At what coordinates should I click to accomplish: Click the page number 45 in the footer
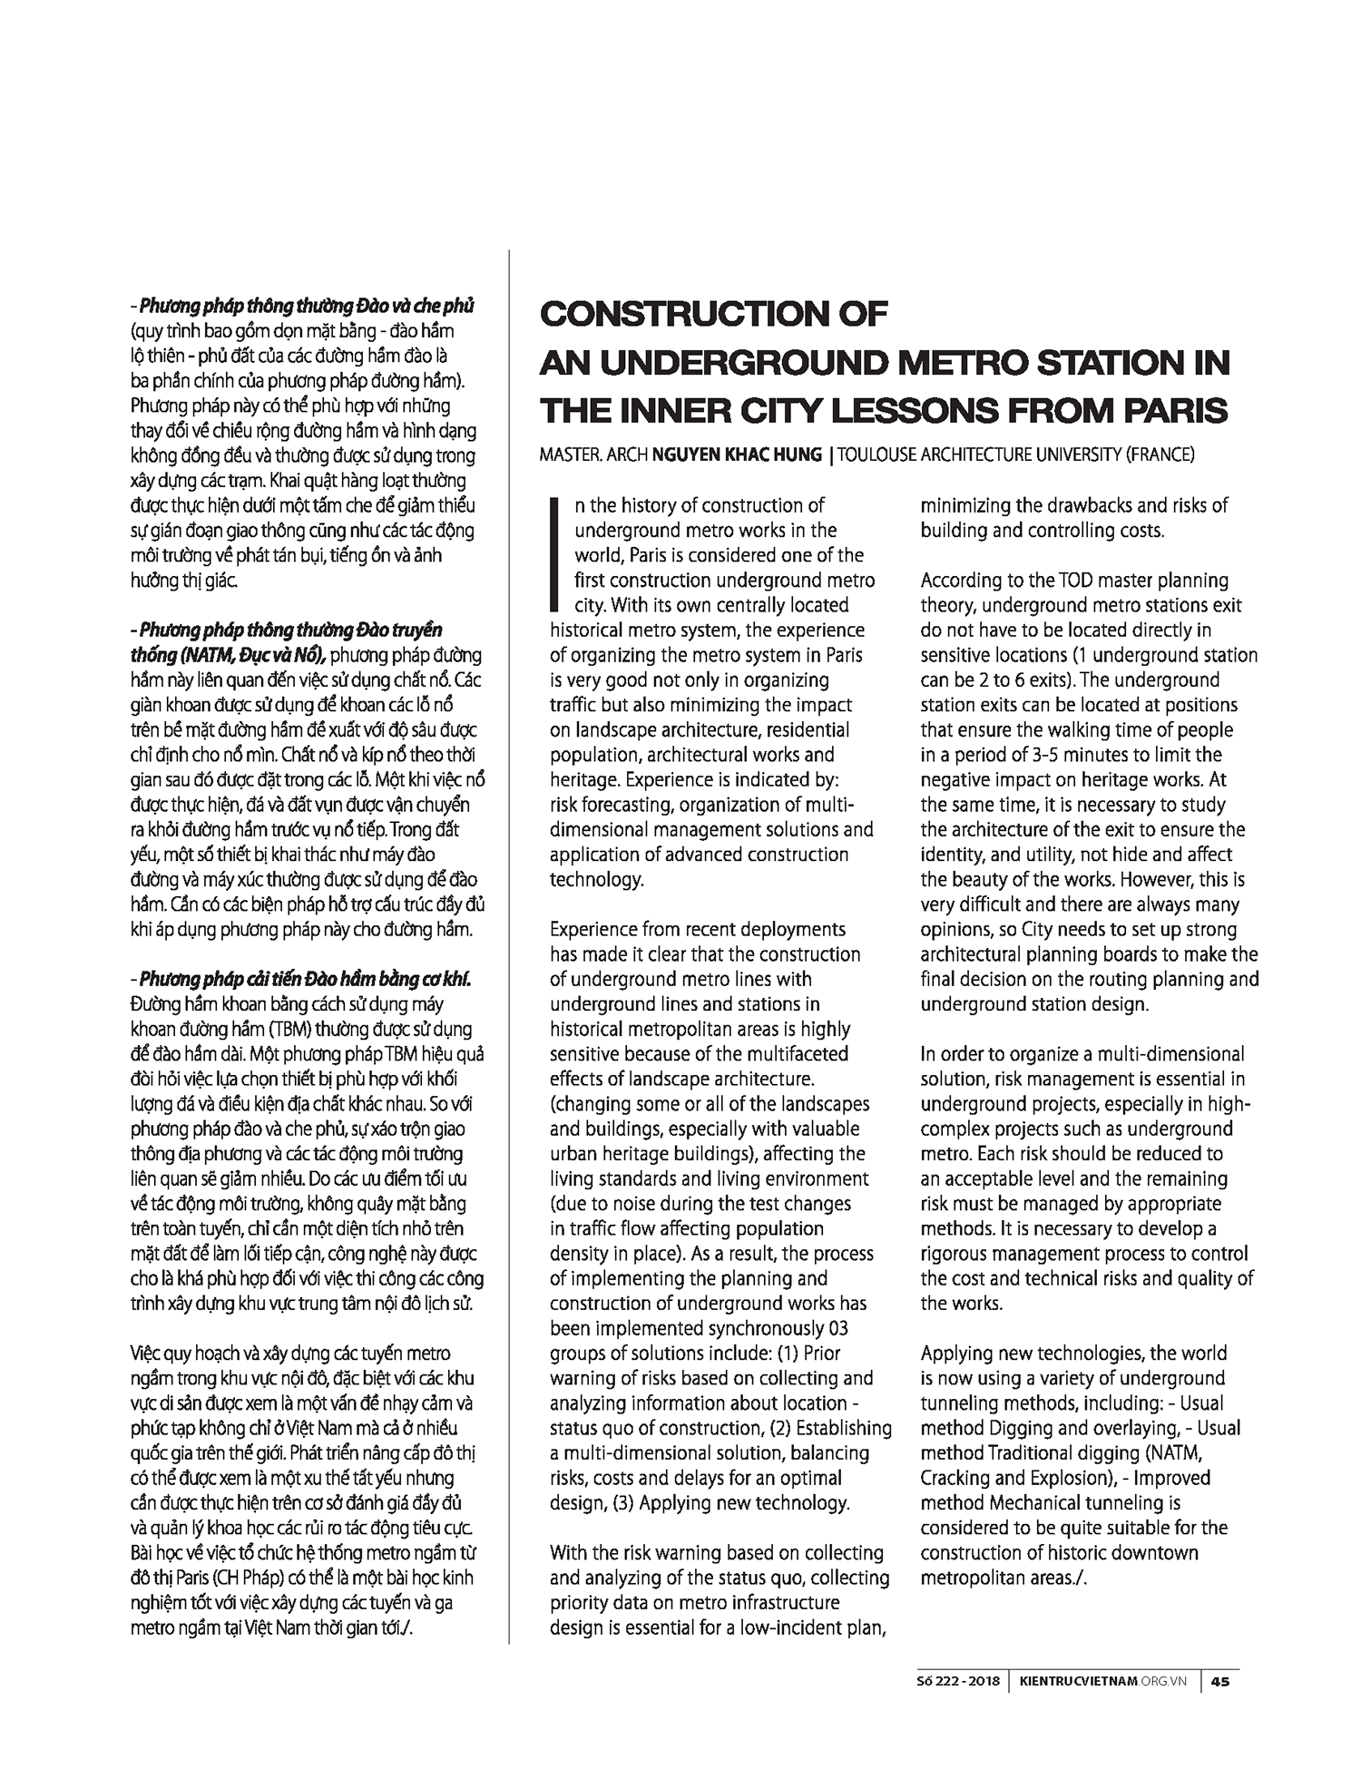coord(1220,1681)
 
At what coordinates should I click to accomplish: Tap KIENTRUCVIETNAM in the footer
coord(1074,1681)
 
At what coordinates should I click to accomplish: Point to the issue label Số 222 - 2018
coord(958,1681)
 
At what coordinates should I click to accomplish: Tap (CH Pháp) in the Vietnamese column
coord(231,1578)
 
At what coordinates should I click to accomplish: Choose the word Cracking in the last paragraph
coord(956,1478)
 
